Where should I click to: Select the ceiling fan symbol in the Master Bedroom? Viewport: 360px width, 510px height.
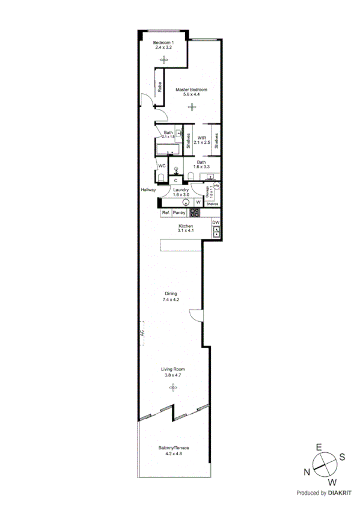pos(191,107)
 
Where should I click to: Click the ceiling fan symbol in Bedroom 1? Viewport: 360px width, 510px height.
pos(163,59)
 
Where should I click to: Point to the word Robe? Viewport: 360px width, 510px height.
pos(160,87)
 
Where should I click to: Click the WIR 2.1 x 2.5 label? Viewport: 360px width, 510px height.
pos(201,140)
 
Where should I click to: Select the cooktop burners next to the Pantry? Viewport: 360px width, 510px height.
pos(195,212)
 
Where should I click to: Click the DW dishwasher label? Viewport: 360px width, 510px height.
pos(216,222)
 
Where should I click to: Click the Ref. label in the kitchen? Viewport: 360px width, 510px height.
pos(165,213)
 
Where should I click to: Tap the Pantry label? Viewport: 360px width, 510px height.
pos(179,213)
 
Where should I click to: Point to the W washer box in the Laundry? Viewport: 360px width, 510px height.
pos(198,203)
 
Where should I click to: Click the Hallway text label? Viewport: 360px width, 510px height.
pos(148,190)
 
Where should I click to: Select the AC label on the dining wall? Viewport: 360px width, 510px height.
pos(143,333)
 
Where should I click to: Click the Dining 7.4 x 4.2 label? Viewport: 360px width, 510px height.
pos(171,296)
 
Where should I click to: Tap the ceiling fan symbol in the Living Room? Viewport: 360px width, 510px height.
pos(173,387)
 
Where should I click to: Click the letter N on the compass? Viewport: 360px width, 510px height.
pos(307,472)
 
